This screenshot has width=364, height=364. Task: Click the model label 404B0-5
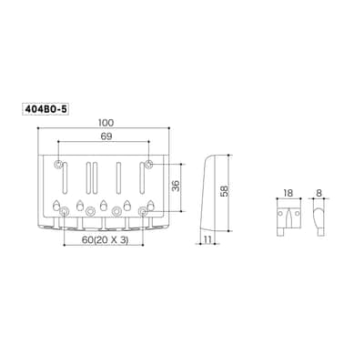[x=45, y=109]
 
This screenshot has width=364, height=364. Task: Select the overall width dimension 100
[x=106, y=123]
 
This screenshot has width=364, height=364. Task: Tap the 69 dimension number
[x=106, y=136]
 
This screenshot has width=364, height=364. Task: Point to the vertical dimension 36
[x=176, y=186]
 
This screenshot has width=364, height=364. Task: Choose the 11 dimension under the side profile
[x=207, y=239]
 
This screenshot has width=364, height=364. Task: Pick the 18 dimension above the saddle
[x=288, y=193]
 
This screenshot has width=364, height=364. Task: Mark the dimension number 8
[x=318, y=193]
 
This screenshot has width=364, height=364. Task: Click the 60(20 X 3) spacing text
[x=105, y=240]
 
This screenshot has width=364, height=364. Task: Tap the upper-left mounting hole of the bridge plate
[x=58, y=165]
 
